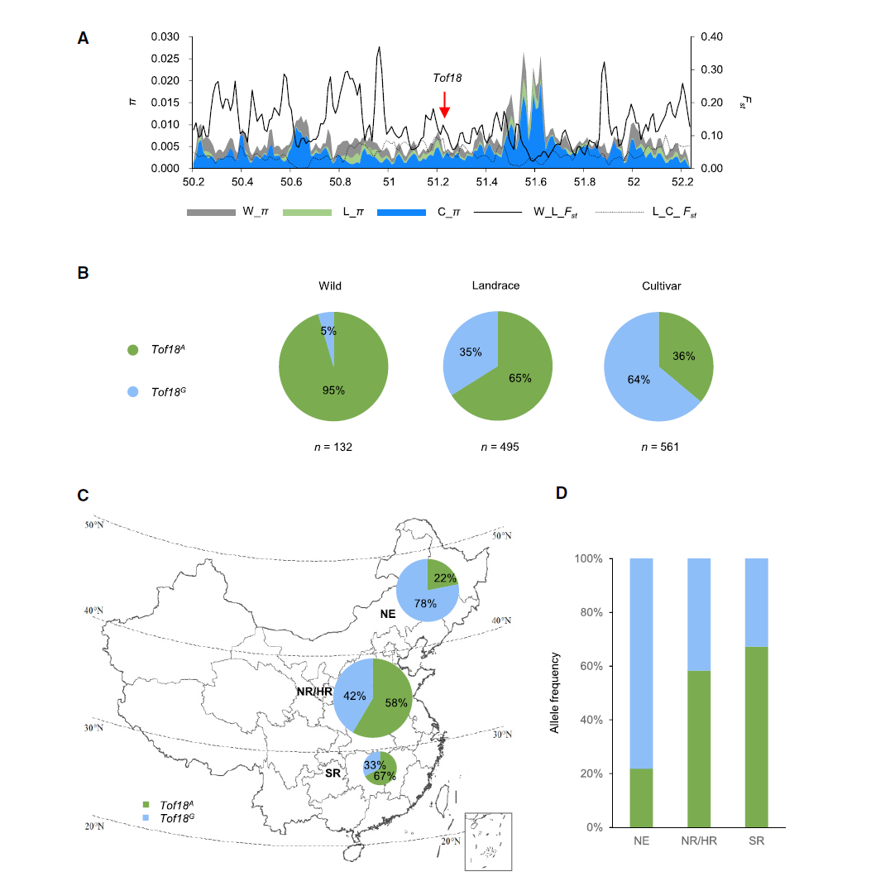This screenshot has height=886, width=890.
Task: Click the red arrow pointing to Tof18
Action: (444, 104)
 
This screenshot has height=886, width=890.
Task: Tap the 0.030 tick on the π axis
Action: (166, 37)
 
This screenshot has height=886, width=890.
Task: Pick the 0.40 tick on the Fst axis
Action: (711, 37)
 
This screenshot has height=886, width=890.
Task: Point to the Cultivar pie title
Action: (658, 285)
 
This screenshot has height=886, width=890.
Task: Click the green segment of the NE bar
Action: (641, 797)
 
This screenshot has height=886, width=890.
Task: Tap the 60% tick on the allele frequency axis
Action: (604, 666)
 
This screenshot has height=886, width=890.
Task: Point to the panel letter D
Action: (562, 494)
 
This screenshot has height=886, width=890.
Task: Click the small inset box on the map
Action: (488, 841)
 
